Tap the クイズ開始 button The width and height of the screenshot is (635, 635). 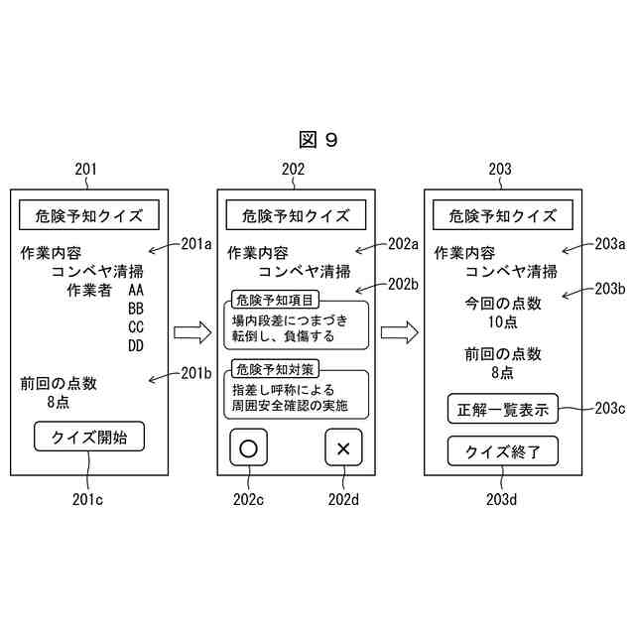pos(89,436)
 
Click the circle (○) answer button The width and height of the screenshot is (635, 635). pos(248,447)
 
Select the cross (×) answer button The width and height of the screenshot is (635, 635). pos(343,448)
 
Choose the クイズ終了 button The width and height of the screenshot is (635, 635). pos(502,451)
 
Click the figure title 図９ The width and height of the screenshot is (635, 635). pos(317,140)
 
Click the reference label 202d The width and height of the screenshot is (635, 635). pos(343,498)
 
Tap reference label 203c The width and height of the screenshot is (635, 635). pos(606,407)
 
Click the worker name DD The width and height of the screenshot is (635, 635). pos(136,346)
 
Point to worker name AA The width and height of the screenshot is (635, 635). pos(136,291)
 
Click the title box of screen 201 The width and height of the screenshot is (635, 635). pos(89,215)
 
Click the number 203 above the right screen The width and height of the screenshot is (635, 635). pos(500,170)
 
